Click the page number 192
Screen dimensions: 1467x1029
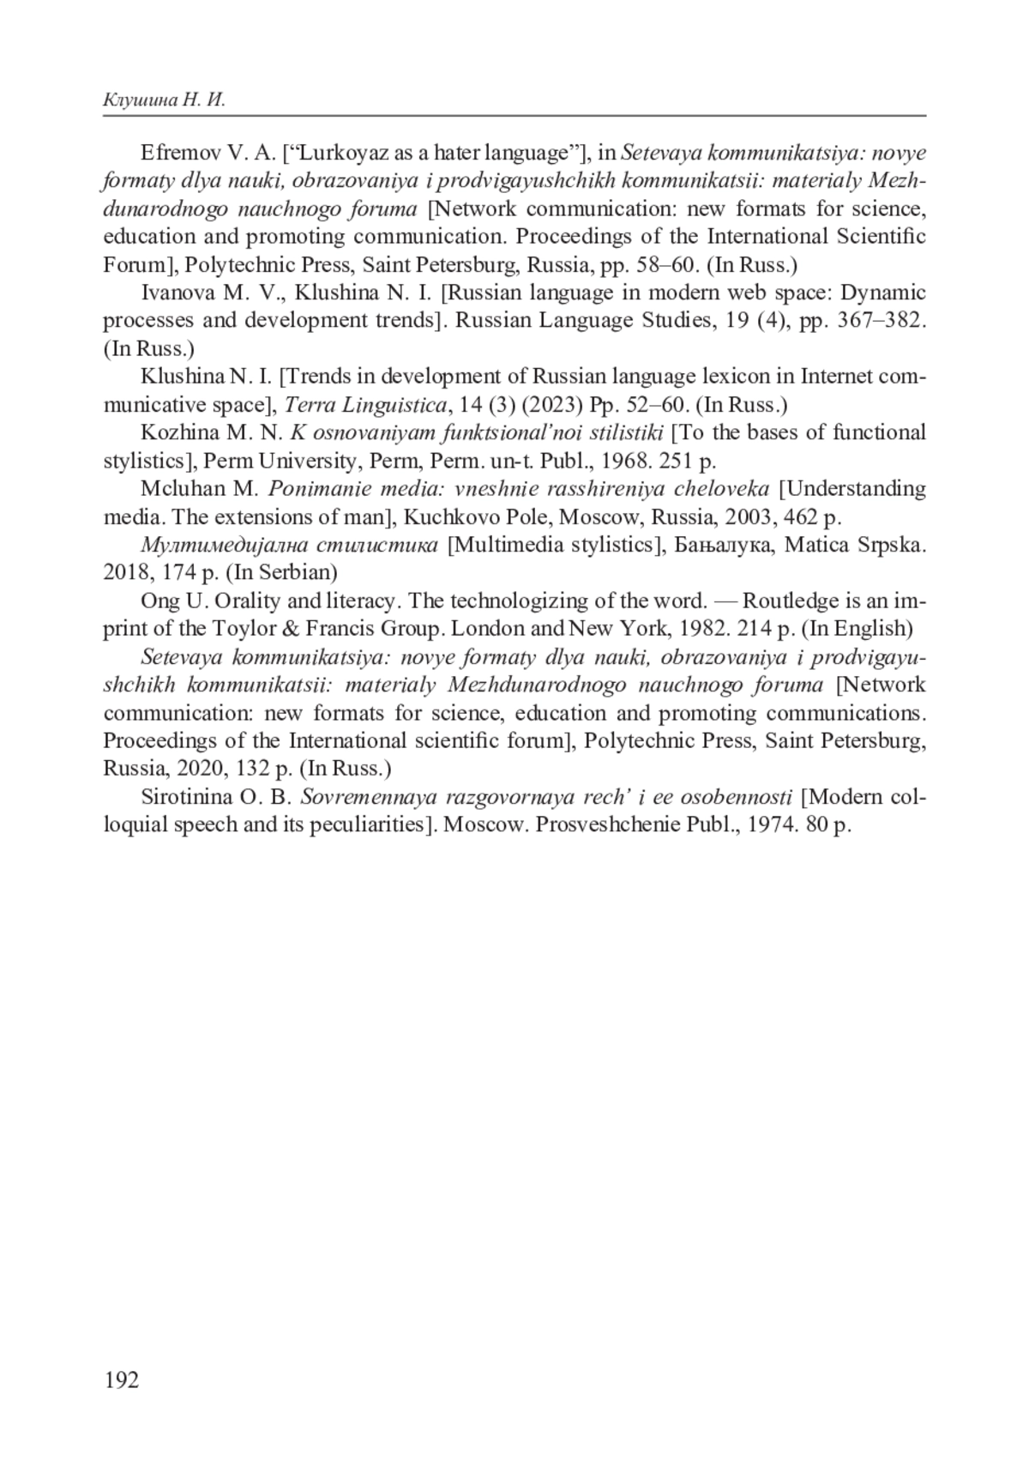click(x=121, y=1379)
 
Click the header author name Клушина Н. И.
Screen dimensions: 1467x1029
click(x=164, y=100)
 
